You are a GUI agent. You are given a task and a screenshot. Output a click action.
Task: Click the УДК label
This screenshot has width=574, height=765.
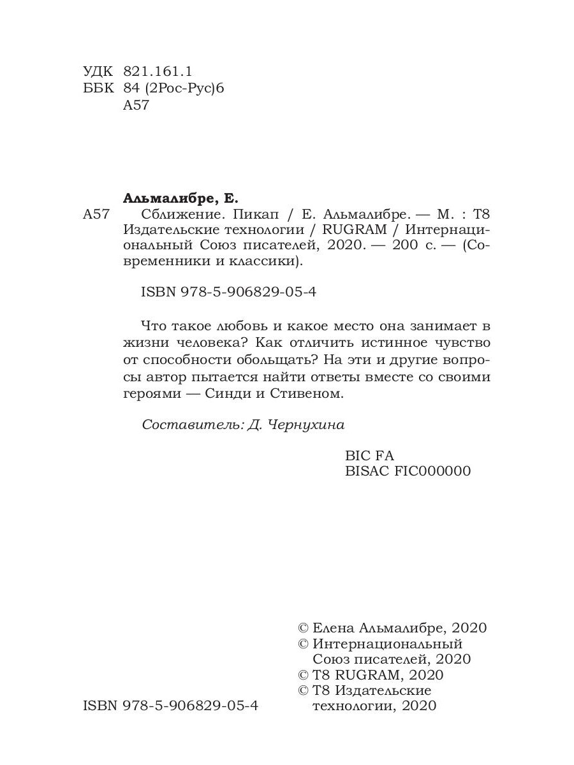click(x=96, y=71)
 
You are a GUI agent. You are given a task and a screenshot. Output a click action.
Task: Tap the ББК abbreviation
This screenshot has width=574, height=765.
click(x=96, y=89)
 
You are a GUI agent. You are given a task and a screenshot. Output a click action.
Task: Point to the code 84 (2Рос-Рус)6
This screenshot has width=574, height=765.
click(x=173, y=89)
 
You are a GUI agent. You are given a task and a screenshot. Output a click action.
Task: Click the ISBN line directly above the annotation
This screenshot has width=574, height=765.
click(x=228, y=293)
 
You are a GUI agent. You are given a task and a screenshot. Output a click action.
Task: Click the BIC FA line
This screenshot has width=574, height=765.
click(x=369, y=455)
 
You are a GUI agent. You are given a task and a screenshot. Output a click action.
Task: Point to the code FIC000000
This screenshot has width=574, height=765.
click(x=433, y=471)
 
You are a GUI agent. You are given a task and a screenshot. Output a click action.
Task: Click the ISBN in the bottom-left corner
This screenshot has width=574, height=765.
click(x=171, y=706)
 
